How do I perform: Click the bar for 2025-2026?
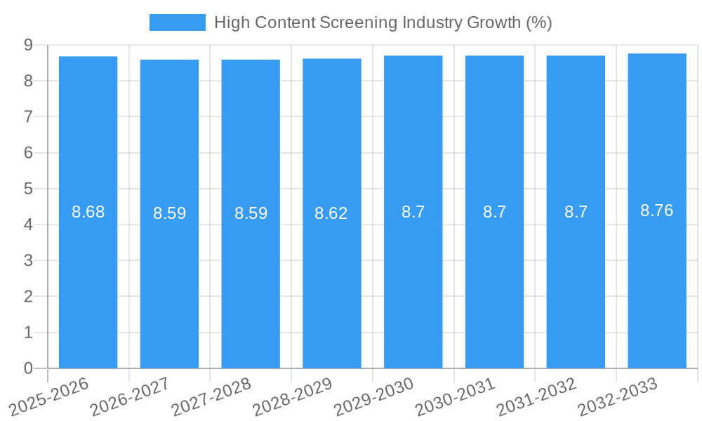[88, 281]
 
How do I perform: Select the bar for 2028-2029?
[332, 281]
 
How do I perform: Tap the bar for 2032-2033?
[657, 281]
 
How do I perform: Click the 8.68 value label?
[88, 212]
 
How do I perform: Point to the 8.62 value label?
[331, 213]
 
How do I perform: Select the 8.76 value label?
[657, 210]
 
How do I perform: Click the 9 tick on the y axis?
[28, 45]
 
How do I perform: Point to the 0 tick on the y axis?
[28, 368]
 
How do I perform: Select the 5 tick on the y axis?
[28, 189]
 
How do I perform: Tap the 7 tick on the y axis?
[28, 116]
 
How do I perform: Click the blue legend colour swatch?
[178, 22]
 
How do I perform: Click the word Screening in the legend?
[358, 22]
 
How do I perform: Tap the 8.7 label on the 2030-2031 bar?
[494, 212]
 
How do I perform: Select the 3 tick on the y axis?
[28, 260]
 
